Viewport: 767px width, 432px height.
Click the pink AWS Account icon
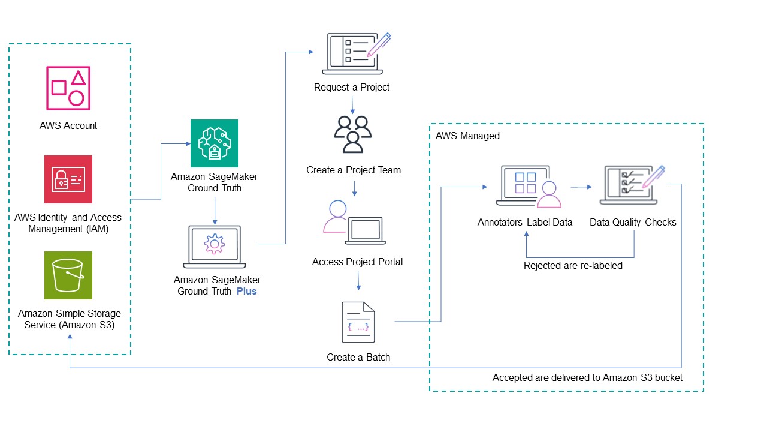[x=68, y=88]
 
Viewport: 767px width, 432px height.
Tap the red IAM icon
[x=68, y=179]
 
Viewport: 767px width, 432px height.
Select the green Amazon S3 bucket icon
[x=68, y=275]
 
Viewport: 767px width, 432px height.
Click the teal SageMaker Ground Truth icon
[x=214, y=143]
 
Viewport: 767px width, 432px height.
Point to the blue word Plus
[x=246, y=292]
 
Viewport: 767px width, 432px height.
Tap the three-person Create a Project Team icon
[x=353, y=134]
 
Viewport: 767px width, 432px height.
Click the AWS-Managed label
[x=467, y=136]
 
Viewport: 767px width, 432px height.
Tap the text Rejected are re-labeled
[x=573, y=265]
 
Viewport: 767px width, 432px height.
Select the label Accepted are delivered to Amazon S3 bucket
[x=587, y=378]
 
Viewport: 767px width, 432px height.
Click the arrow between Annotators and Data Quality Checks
[x=578, y=188]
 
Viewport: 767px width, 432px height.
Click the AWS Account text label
[x=68, y=126]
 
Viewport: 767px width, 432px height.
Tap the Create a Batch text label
[x=358, y=358]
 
